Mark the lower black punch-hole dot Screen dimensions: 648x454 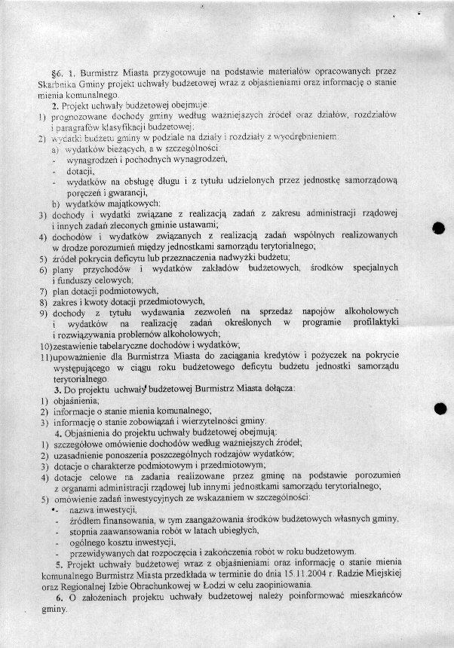click(441, 408)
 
